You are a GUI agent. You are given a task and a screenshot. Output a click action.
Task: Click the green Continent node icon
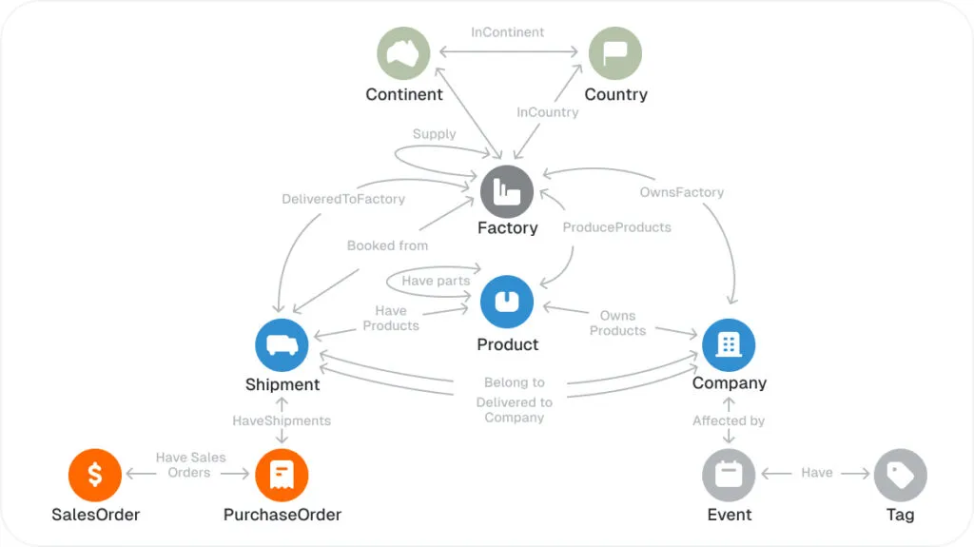404,53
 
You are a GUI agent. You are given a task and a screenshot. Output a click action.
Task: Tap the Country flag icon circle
615,53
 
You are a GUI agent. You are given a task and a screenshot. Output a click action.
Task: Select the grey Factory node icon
507,191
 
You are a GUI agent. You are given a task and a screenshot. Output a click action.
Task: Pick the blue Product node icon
507,303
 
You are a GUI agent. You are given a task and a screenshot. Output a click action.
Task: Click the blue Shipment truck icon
282,343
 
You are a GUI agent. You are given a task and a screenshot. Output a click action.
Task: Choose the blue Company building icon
729,343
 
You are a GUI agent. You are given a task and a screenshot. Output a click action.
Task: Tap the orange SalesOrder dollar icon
95,474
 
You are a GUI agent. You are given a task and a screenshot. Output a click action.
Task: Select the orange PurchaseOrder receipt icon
282,474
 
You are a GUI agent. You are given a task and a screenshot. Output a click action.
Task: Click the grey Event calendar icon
729,474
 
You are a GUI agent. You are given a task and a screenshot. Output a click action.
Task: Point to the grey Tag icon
900,474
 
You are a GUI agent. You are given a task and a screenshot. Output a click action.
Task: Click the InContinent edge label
508,32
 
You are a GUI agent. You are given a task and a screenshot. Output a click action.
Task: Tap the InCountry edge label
548,112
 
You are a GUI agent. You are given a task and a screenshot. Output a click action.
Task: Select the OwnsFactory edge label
682,192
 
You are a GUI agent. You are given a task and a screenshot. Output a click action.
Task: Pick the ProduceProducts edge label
616,227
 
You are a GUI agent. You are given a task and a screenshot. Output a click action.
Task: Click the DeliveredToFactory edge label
343,199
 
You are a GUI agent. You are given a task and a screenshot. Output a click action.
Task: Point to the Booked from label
387,245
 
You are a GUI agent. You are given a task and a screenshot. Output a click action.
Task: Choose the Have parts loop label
436,281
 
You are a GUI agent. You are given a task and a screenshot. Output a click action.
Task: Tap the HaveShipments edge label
282,420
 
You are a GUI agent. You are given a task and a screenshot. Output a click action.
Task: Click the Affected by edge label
729,420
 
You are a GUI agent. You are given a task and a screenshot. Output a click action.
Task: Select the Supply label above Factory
435,134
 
